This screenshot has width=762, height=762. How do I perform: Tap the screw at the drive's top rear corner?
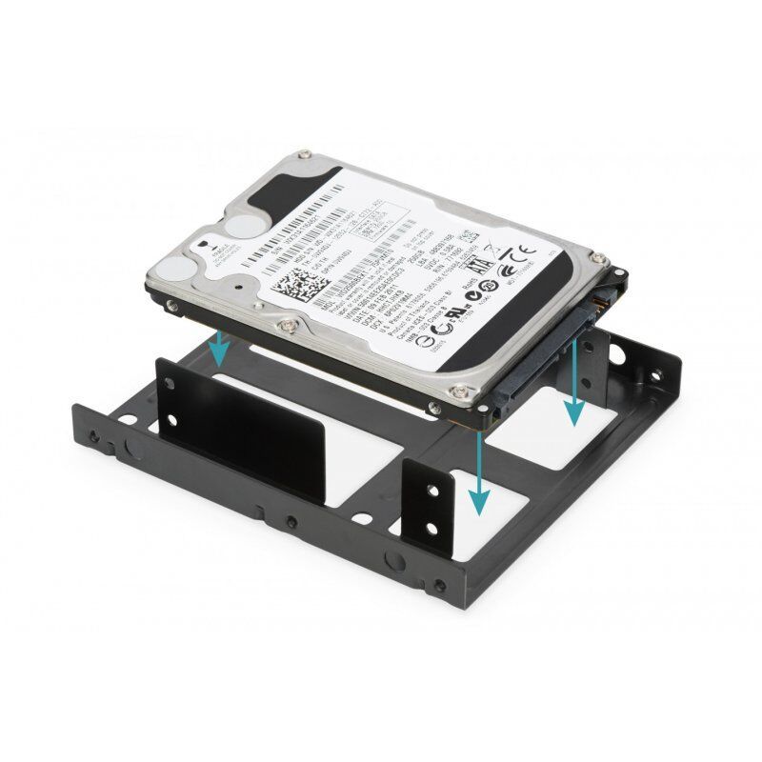click(304, 153)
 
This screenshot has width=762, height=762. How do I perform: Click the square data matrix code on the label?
click(294, 285)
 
